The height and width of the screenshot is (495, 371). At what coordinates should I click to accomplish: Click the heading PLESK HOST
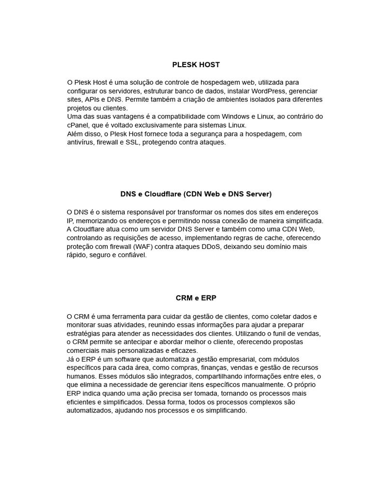click(196, 64)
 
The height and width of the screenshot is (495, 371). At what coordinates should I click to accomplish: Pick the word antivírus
click(80, 143)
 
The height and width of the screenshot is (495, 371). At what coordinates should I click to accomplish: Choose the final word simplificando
click(224, 410)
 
